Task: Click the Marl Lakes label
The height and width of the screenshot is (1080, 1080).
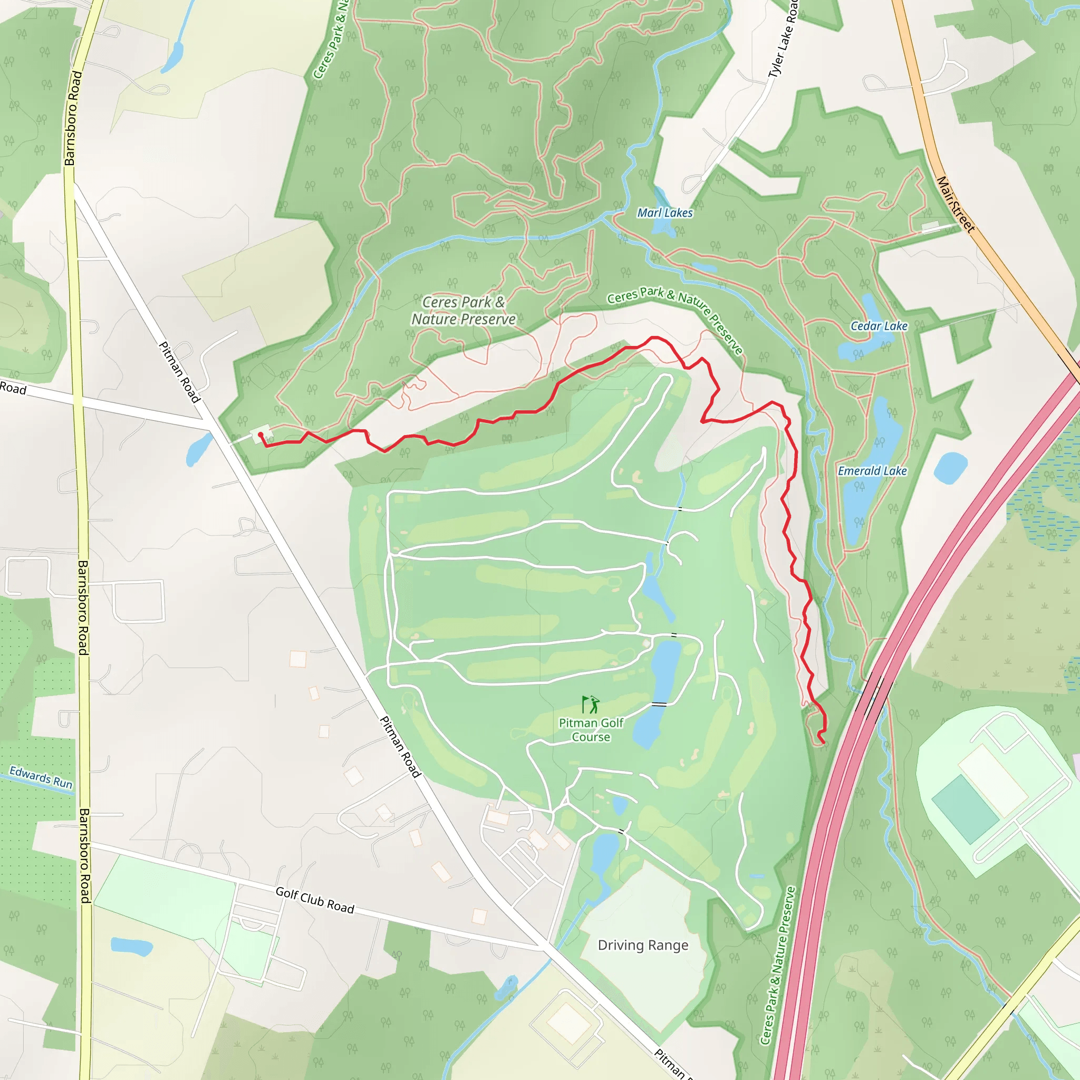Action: pyautogui.click(x=664, y=213)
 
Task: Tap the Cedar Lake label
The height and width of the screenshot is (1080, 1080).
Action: pyautogui.click(x=879, y=326)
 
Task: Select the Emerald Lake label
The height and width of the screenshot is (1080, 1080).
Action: pyautogui.click(x=872, y=471)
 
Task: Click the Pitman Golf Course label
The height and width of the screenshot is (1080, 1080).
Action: pyautogui.click(x=591, y=730)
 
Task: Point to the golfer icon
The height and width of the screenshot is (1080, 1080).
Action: pyautogui.click(x=590, y=705)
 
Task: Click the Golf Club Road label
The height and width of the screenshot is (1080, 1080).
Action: pyautogui.click(x=315, y=900)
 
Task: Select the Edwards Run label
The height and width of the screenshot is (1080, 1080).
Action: pyautogui.click(x=41, y=778)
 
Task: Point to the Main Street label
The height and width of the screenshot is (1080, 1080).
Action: pyautogui.click(x=956, y=205)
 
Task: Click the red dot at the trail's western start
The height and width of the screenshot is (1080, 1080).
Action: pyautogui.click(x=261, y=435)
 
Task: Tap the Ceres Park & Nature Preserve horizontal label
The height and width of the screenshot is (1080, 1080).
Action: pyautogui.click(x=464, y=311)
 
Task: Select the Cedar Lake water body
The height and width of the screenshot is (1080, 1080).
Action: pyautogui.click(x=861, y=335)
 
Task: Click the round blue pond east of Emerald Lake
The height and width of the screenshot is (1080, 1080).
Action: pyautogui.click(x=950, y=468)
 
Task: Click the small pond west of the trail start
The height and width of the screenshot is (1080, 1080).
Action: pyautogui.click(x=198, y=449)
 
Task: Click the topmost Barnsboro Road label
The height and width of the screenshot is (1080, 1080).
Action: pyautogui.click(x=73, y=119)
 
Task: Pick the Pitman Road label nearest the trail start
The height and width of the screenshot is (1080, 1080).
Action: pyautogui.click(x=179, y=372)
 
